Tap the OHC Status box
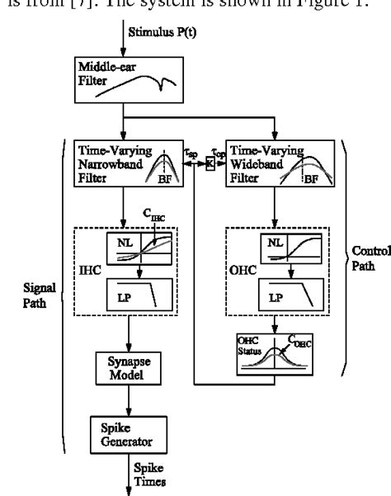tap(276, 356)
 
